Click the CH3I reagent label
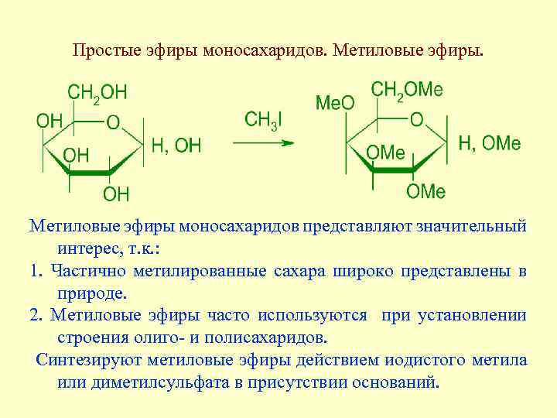(x=263, y=120)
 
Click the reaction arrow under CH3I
(x=263, y=142)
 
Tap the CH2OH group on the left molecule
(x=97, y=94)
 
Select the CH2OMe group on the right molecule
(x=407, y=91)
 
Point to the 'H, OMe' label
(x=490, y=143)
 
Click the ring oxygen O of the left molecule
(x=113, y=122)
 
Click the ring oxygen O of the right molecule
(x=416, y=120)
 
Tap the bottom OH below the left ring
(x=116, y=193)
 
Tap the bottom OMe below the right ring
(x=425, y=190)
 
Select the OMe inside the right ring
(x=385, y=153)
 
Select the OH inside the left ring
(x=76, y=156)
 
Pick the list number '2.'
(x=36, y=316)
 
